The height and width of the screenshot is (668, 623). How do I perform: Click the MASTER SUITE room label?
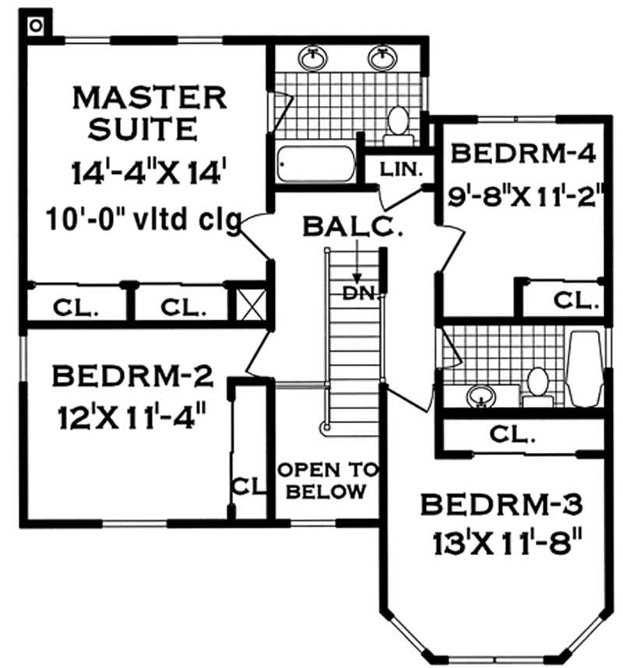(x=149, y=112)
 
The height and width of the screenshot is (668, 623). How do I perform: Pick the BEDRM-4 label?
(x=523, y=153)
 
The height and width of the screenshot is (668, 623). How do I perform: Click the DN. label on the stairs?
(x=359, y=293)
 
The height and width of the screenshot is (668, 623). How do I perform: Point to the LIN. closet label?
(x=400, y=168)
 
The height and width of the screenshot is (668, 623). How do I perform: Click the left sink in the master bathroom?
(x=313, y=56)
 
